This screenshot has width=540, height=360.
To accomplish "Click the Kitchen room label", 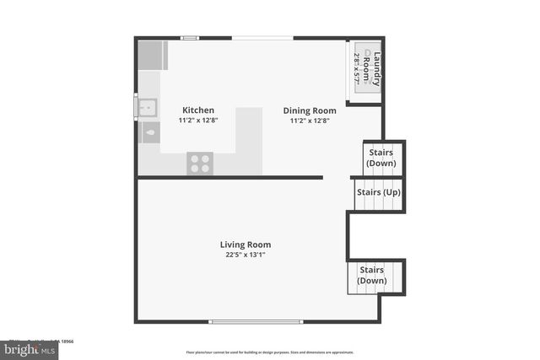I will pyautogui.click(x=198, y=110).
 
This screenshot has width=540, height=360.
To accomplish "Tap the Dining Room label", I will pyautogui.click(x=310, y=110).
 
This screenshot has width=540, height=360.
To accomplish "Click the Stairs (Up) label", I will pyautogui.click(x=378, y=192).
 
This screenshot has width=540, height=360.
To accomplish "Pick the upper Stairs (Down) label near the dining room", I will pyautogui.click(x=381, y=158).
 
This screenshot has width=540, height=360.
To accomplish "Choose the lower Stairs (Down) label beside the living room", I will pyautogui.click(x=372, y=276).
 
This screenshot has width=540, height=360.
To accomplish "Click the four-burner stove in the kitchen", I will pyautogui.click(x=200, y=163).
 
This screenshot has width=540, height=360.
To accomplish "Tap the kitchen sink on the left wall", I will pyautogui.click(x=148, y=107).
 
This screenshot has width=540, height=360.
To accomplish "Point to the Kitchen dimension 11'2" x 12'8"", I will pyautogui.click(x=198, y=121).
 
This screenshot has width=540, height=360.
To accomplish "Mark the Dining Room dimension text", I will pyautogui.click(x=310, y=121).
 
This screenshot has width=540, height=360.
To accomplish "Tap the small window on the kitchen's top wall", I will pyautogui.click(x=190, y=37).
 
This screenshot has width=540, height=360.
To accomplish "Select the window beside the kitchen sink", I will pyautogui.click(x=135, y=108).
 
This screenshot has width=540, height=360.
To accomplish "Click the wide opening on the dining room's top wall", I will pyautogui.click(x=263, y=37).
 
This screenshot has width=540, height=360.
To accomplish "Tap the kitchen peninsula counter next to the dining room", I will pyautogui.click(x=249, y=139).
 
